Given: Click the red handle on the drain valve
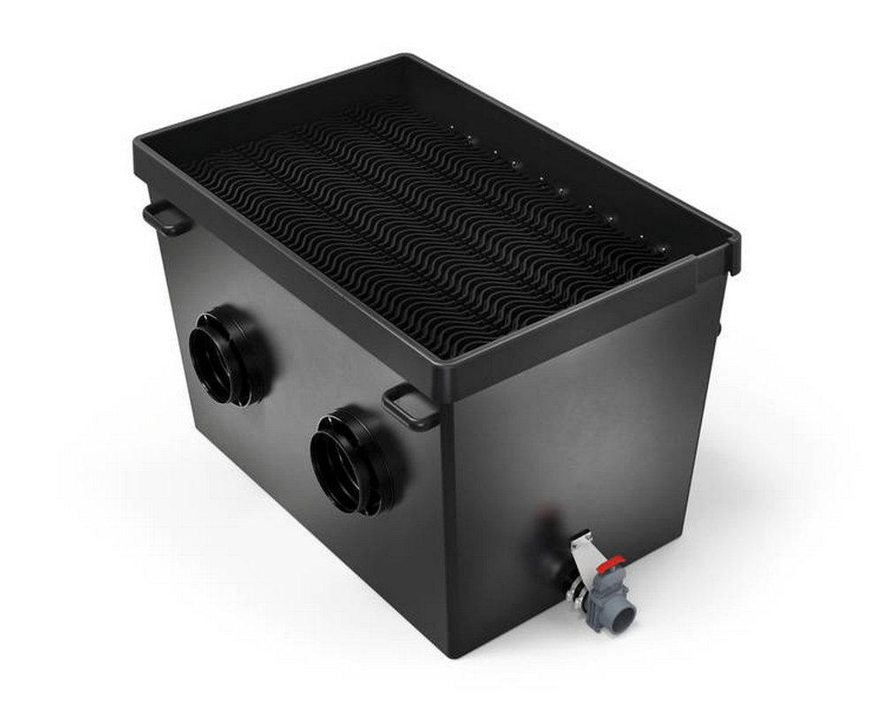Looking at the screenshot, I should pos(610,562).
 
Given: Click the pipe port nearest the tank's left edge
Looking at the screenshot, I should pos(228,354).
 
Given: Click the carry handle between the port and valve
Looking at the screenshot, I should pos(410,407).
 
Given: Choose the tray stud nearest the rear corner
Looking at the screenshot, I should pos(449,129).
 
